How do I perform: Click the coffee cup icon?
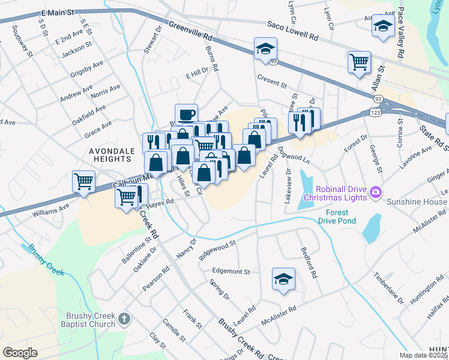pyautogui.click(x=186, y=113)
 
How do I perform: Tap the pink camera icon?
pyautogui.click(x=376, y=192)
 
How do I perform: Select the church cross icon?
pyautogui.click(x=124, y=318)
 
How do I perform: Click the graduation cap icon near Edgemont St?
pyautogui.click(x=283, y=279)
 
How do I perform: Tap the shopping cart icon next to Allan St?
pyautogui.click(x=359, y=61)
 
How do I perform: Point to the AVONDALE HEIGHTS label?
pyautogui.click(x=110, y=155)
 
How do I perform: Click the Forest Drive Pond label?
pyautogui.click(x=341, y=217)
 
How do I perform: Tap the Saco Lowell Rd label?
pyautogui.click(x=292, y=31)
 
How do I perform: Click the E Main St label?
pyautogui.click(x=58, y=13)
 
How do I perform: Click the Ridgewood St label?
pyautogui.click(x=218, y=248)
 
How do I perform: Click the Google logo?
pyautogui.click(x=20, y=353)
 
